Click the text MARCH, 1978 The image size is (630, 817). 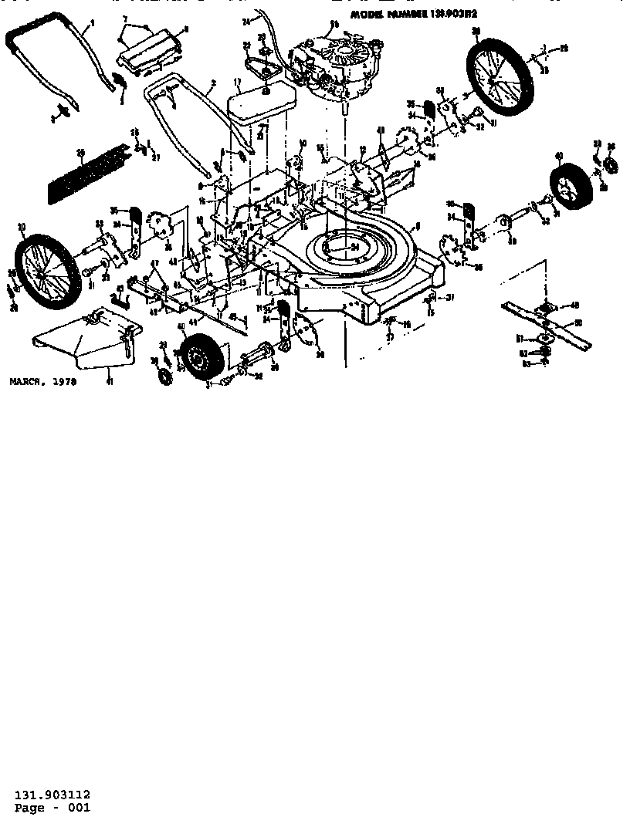pyautogui.click(x=43, y=381)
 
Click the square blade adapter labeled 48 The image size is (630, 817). pyautogui.click(x=552, y=306)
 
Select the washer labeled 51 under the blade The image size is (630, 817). pyautogui.click(x=544, y=336)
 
